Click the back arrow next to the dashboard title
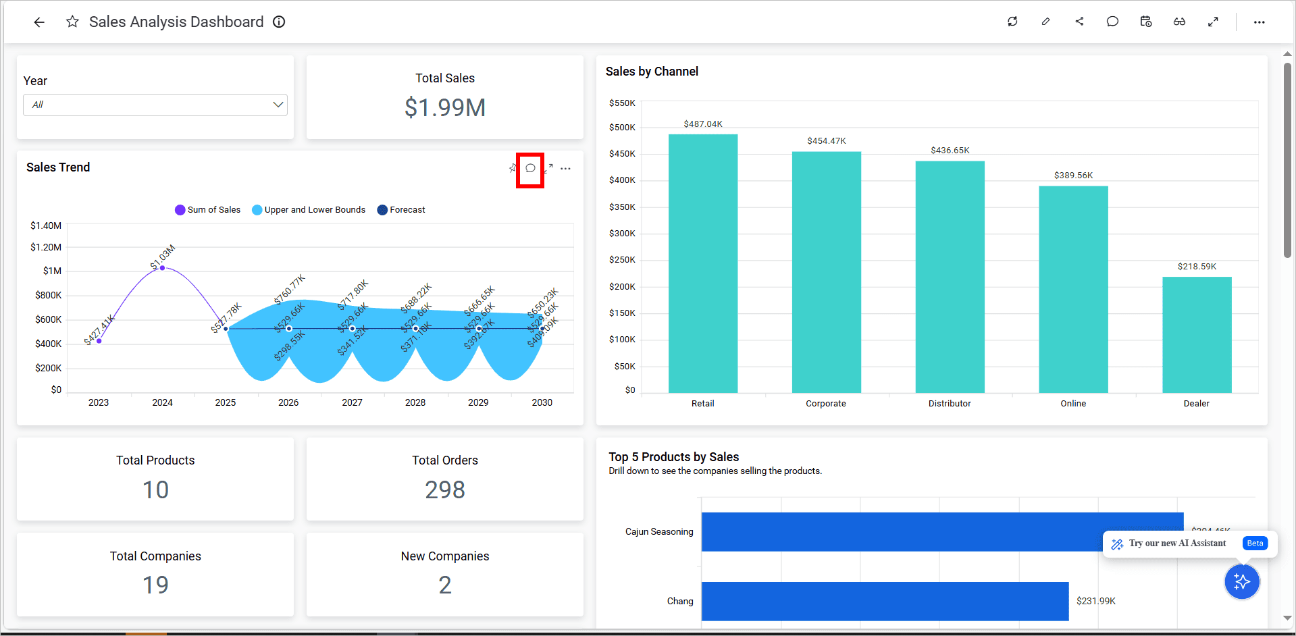pos(39,22)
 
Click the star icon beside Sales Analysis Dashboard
pos(72,22)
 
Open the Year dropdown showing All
pos(155,105)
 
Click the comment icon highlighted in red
pos(530,169)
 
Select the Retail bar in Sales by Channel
pos(702,263)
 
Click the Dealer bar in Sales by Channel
pos(1196,334)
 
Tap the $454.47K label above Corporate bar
pos(826,141)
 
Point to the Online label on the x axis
pos(1072,404)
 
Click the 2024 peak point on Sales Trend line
pos(162,268)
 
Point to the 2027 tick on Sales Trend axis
pos(352,402)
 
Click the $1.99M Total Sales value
pos(444,108)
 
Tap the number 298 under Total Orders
pos(444,489)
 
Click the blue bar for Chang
pos(885,601)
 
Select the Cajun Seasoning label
pos(658,532)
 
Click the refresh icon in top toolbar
pos(1012,22)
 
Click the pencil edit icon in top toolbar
pos(1045,22)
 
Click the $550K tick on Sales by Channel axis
pos(622,103)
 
